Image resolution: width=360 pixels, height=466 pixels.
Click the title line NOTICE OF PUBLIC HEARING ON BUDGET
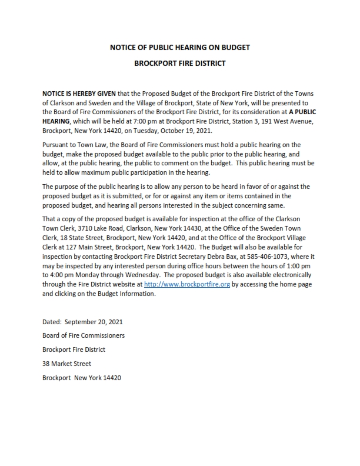click(180, 46)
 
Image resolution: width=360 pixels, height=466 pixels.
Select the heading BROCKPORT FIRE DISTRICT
click(180, 63)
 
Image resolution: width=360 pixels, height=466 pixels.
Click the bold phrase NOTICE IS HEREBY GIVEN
click(79, 94)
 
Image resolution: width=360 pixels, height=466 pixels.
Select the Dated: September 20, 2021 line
click(82, 322)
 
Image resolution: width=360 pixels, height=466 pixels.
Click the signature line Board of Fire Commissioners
click(84, 335)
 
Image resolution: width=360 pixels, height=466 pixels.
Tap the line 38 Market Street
click(66, 364)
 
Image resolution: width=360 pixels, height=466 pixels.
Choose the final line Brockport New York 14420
click(82, 378)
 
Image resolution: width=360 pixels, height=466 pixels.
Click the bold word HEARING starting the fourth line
click(56, 121)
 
